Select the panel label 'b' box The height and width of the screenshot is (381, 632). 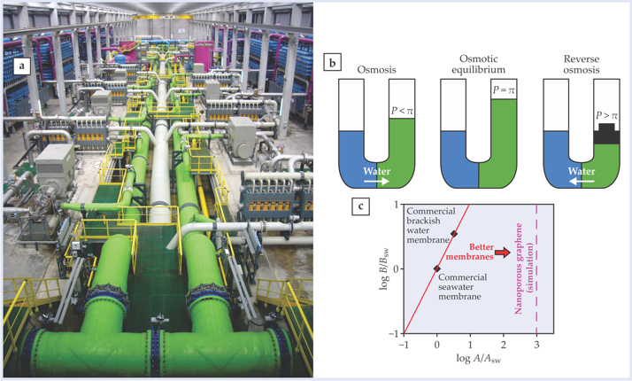click(331, 63)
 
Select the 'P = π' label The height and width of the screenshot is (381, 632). click(504, 89)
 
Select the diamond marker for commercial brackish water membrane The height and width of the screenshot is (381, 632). click(454, 234)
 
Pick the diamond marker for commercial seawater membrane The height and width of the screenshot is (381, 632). click(437, 268)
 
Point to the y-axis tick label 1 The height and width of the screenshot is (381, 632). click(396, 206)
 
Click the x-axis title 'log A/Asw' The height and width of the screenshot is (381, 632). click(478, 358)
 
